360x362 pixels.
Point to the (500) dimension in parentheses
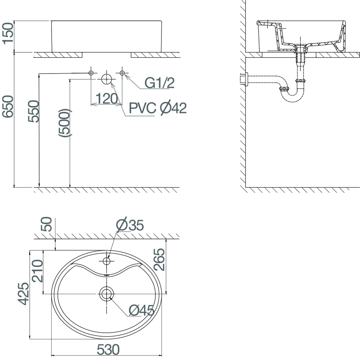point(65,123)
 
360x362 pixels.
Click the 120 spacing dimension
point(107,99)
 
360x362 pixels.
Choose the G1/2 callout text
point(159,83)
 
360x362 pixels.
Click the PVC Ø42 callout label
point(158,108)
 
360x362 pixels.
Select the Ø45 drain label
point(141,310)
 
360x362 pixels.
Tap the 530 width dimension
point(108,349)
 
